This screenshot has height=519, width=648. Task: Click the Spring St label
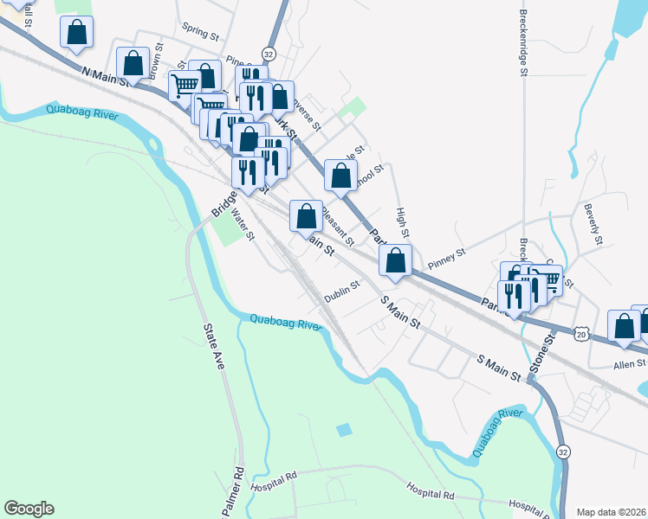200,32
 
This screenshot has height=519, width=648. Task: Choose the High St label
401,223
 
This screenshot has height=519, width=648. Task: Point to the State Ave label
213,346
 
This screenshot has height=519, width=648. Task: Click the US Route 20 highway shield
580,333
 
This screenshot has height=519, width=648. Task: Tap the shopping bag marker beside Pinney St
395,260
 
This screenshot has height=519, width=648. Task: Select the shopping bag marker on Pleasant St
305,216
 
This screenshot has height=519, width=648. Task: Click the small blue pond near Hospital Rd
345,429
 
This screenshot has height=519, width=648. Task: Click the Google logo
29,509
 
